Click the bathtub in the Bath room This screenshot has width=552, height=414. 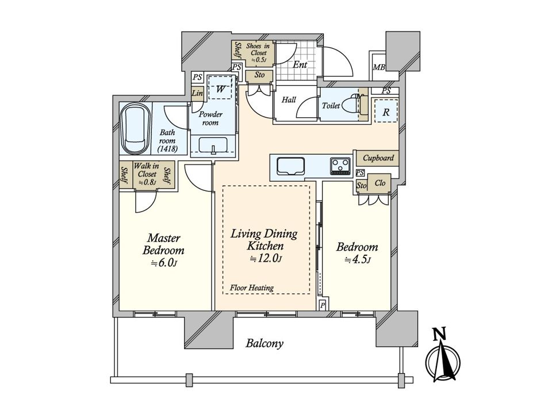pos(135,129)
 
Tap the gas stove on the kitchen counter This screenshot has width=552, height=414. pos(340,166)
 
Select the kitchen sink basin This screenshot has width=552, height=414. pos(290,166)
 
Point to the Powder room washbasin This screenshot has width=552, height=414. pos(213,145)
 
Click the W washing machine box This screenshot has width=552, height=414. pos(220,88)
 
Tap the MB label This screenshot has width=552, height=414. pos(379,67)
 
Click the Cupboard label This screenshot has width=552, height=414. pos(378,158)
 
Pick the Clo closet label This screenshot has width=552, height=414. pos(380,183)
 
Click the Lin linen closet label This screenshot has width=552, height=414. pos(197,93)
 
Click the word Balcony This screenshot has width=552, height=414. pos(264,343)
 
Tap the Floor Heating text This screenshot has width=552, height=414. pos(252,287)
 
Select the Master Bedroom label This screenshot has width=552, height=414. pos(163,244)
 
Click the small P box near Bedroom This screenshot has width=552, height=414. pos(323,305)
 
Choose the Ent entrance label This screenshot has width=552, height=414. pos(300,64)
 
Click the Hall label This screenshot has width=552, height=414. pos(289,99)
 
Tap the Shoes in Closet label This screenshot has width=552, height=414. pos(258,52)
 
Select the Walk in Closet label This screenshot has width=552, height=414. pos(147,174)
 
